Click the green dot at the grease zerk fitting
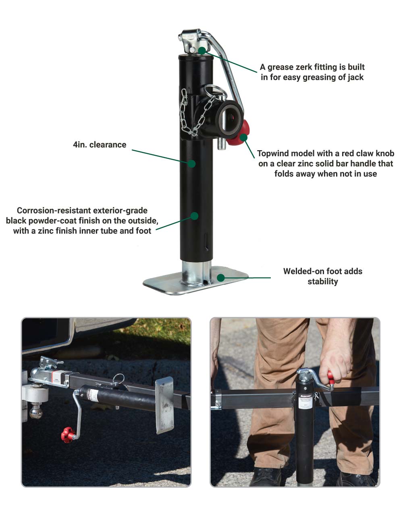[x=202, y=50]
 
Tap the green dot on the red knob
[x=243, y=137]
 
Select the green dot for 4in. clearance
[x=191, y=163]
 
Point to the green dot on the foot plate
[x=220, y=277]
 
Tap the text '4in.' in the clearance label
[x=80, y=145]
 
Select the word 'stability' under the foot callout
[x=323, y=281]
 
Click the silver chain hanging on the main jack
[x=193, y=113]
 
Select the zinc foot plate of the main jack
[x=195, y=281]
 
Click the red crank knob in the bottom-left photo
[x=68, y=435]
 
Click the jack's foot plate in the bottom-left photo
[x=165, y=405]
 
